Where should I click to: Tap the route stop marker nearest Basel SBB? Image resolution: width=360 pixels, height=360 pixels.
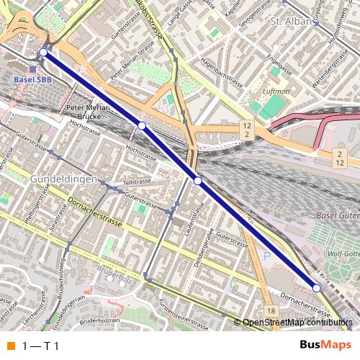[43, 53]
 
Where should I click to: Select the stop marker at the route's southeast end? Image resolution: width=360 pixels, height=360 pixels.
[316, 288]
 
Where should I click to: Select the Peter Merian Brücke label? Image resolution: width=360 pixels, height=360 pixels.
[87, 112]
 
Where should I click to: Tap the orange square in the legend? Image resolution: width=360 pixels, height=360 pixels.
[10, 346]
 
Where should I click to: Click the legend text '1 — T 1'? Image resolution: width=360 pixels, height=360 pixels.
[41, 346]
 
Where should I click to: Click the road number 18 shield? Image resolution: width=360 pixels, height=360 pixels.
[270, 310]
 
